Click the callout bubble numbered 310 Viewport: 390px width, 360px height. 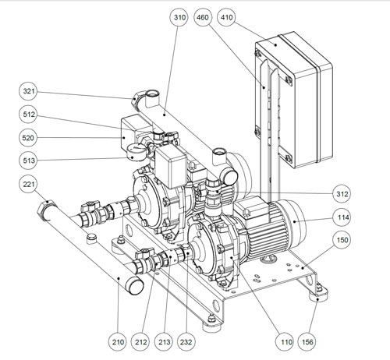tap(179, 17)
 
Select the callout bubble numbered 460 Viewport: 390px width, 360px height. tap(203, 17)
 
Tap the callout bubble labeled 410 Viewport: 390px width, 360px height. tap(226, 17)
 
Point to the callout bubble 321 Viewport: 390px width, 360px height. tap(29, 91)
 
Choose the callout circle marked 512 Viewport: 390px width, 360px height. tap(29, 115)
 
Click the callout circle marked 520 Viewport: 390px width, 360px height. tap(28, 138)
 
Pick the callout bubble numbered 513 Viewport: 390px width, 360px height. tap(29, 161)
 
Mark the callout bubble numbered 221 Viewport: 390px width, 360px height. tap(29, 184)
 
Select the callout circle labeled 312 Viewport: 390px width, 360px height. tap(342, 194)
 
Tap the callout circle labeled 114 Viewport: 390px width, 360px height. tap(343, 217)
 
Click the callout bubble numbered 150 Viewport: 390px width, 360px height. tap(342, 239)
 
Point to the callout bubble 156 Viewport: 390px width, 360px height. tap(307, 342)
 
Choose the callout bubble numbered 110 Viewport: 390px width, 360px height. tap(285, 342)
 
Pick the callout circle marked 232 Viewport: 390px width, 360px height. tap(186, 342)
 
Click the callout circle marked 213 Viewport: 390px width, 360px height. tap(165, 342)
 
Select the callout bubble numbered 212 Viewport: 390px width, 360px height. tap(141, 342)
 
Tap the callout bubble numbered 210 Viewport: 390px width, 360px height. tap(118, 342)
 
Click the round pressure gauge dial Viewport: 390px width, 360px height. tap(135, 152)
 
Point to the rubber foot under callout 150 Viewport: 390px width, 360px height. tap(319, 295)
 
